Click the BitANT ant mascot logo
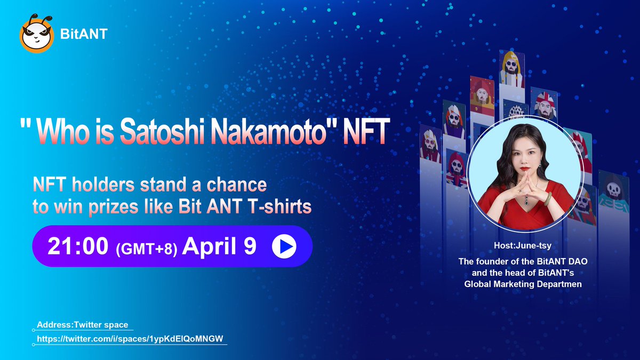point(36,35)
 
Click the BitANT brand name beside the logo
point(84,35)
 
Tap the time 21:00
point(78,246)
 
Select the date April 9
point(220,246)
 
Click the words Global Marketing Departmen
point(523,284)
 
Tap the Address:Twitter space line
point(82,325)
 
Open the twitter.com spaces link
point(130,339)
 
